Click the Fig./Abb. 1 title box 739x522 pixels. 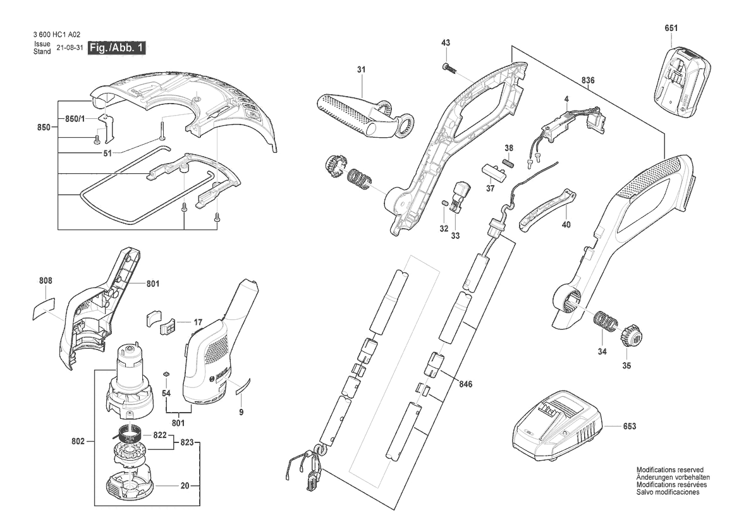coord(116,47)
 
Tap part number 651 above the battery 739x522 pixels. coord(671,28)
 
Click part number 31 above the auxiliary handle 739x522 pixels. coord(361,70)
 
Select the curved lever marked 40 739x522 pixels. coord(547,209)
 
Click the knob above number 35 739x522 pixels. coord(627,335)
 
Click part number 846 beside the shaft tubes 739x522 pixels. coord(465,384)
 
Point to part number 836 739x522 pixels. coord(588,80)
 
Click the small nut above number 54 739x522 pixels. coord(166,374)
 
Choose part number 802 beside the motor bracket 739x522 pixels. coord(78,441)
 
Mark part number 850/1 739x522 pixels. coord(75,118)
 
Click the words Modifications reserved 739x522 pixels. coord(669,470)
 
